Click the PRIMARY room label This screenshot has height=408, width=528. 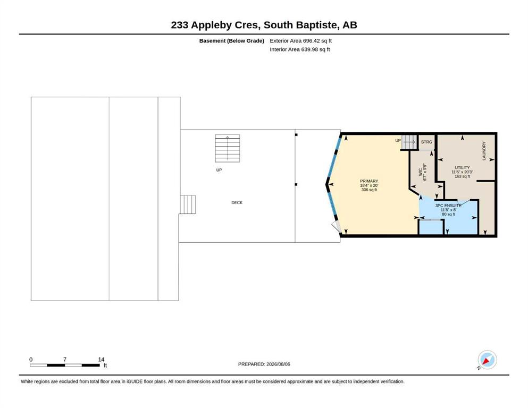click(x=368, y=181)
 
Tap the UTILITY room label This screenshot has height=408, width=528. click(x=462, y=167)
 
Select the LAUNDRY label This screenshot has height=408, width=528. click(x=484, y=151)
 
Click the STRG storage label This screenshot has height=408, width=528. click(x=426, y=142)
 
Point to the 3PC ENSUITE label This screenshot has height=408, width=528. click(x=448, y=206)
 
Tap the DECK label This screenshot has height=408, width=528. click(x=237, y=202)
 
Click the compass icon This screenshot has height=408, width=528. click(x=487, y=360)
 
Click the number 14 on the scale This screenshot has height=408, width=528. click(x=101, y=360)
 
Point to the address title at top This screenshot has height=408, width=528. click(x=264, y=25)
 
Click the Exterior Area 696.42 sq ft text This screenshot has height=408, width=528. click(x=301, y=41)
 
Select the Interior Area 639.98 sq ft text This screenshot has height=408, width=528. click(x=300, y=49)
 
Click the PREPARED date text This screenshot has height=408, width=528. click(x=264, y=364)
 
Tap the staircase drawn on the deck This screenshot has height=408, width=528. click(x=228, y=148)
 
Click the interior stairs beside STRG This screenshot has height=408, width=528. click(x=409, y=142)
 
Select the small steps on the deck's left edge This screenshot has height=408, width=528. click(x=188, y=205)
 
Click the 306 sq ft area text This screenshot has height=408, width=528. click(x=368, y=190)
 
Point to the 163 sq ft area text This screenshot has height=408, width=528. click(x=462, y=176)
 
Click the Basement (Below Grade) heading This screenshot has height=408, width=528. click(x=232, y=41)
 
